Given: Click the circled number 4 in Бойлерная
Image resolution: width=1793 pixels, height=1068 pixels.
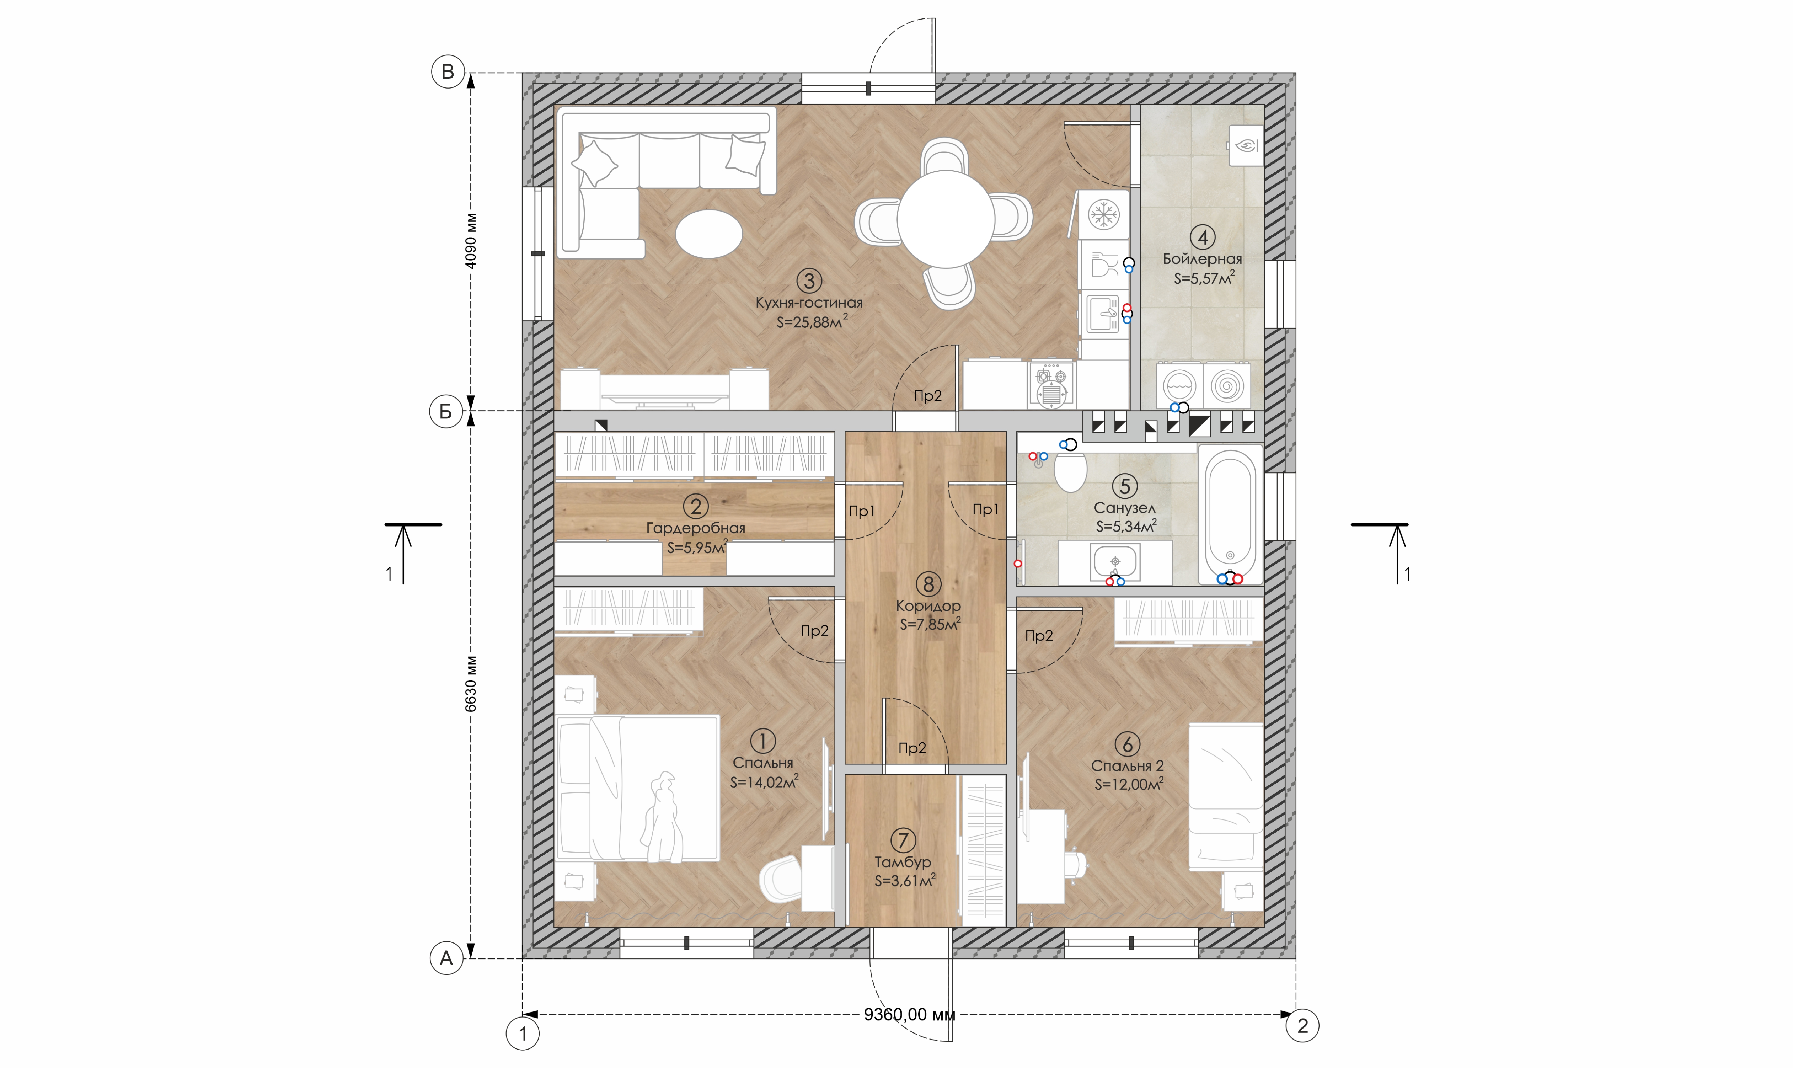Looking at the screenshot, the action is tap(1202, 237).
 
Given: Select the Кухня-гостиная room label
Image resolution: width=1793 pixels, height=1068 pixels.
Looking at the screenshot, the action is tap(809, 303).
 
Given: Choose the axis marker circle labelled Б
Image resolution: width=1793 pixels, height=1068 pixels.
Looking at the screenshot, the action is tap(446, 412).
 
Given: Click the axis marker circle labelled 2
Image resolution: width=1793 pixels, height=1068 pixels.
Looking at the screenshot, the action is tap(1302, 1026).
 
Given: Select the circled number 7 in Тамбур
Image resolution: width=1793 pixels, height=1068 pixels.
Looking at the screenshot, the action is tap(903, 840).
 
